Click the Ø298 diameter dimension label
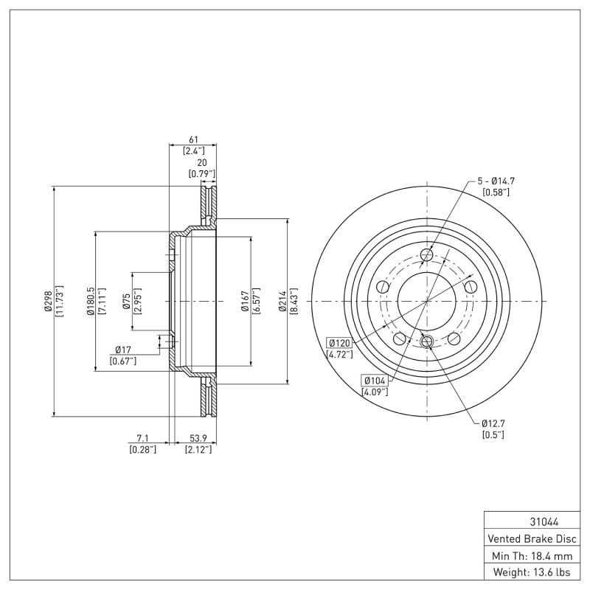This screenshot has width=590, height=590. tap(49, 302)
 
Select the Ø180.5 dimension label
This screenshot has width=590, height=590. tap(90, 302)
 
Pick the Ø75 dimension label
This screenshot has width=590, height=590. tap(127, 302)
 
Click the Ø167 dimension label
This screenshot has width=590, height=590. tap(246, 302)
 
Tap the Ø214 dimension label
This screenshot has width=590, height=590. tap(282, 302)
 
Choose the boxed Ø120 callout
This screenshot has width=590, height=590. tap(339, 343)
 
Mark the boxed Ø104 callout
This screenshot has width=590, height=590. tap(375, 380)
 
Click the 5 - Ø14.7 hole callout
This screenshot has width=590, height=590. tap(496, 181)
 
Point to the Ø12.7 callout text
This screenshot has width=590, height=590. tap(493, 423)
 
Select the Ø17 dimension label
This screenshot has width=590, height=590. tap(123, 350)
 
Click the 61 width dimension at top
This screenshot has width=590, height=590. tap(193, 139)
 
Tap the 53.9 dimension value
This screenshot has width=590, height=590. tap(198, 438)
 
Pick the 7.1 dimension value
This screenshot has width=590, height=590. tap(142, 438)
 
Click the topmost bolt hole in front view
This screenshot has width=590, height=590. tap(426, 255)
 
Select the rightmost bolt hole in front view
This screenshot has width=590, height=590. tap(470, 287)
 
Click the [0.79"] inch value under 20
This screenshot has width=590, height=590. tap(201, 174)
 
